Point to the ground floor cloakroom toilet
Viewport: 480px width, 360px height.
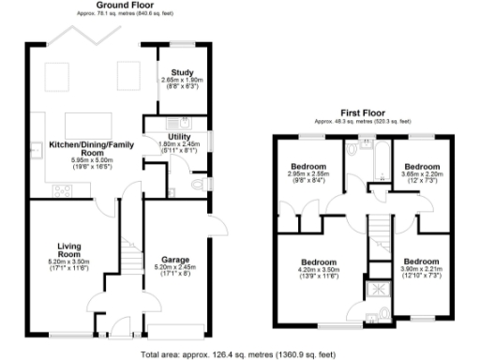tap(196, 184)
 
